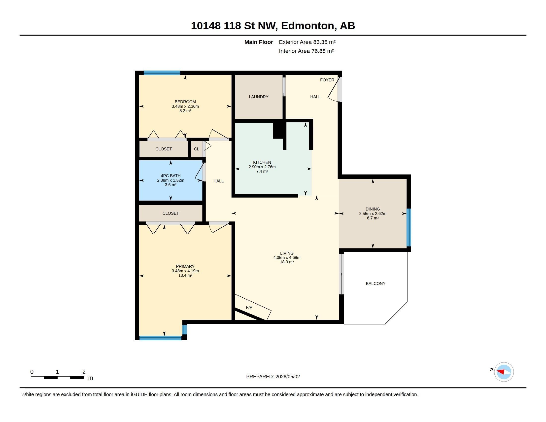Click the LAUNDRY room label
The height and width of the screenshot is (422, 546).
coord(259,97)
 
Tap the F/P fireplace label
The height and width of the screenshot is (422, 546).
coord(249,307)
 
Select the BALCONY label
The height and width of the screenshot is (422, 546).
coord(375,283)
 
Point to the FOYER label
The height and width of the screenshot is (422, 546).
coord(327,80)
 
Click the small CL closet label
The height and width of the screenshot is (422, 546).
coord(197,149)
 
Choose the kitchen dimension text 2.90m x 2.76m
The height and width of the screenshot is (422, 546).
coord(262,167)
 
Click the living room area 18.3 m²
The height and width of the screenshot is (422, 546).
coord(287,262)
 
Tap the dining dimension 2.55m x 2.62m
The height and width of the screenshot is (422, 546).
coord(373,213)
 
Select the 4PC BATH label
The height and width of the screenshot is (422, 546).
coord(171,176)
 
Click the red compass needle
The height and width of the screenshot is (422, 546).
coord(501,372)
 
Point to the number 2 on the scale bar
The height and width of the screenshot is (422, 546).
coord(84,372)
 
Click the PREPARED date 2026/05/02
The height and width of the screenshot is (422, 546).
coord(287,377)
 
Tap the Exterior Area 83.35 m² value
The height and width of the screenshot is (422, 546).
coord(307,42)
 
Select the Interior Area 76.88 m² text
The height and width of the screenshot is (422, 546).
coord(306,51)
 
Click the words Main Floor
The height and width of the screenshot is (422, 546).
coord(259,42)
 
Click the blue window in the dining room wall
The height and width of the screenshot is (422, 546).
coord(409,227)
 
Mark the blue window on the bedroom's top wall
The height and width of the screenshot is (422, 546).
coord(162,73)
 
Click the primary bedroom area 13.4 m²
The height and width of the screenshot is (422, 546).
coord(185,276)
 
